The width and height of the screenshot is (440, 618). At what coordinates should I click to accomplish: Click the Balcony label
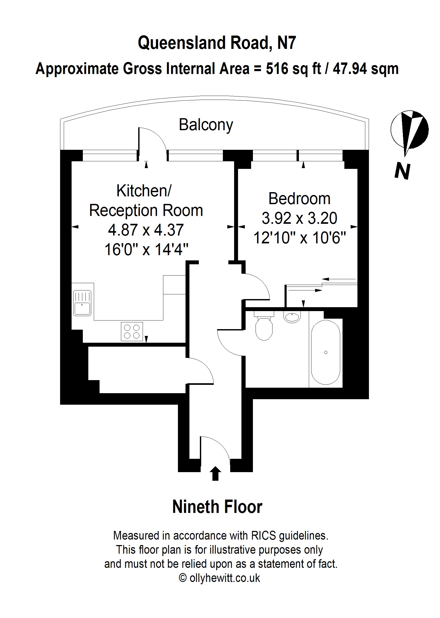pyautogui.click(x=206, y=125)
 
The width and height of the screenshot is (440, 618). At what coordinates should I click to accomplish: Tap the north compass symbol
pyautogui.click(x=409, y=130)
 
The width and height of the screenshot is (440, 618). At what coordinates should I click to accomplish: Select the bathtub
pyautogui.click(x=325, y=352)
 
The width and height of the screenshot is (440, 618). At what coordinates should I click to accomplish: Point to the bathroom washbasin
pyautogui.click(x=292, y=317)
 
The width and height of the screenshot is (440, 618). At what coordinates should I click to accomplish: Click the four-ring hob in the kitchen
pyautogui.click(x=132, y=331)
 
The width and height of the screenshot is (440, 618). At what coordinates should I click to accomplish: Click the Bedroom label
pyautogui.click(x=299, y=199)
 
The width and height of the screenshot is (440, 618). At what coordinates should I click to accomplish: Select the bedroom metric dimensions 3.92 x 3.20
pyautogui.click(x=299, y=218)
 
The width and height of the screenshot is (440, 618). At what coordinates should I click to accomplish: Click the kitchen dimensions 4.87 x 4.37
pyautogui.click(x=146, y=230)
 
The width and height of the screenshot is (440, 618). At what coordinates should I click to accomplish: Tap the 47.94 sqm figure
pyautogui.click(x=366, y=68)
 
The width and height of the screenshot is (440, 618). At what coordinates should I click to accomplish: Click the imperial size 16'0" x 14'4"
pyautogui.click(x=146, y=249)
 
